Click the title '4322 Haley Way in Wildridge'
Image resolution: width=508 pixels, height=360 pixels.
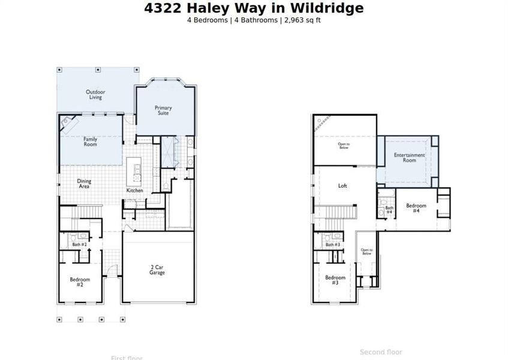coord(254,8)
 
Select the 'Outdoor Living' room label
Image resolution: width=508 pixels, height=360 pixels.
coord(95,94)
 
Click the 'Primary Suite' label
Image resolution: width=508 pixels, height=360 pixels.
coord(163,110)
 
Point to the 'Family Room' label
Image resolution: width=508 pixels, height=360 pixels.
coord(90,142)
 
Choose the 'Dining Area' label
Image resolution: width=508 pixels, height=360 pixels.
coord(83,184)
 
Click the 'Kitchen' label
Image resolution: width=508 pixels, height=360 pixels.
coord(134,191)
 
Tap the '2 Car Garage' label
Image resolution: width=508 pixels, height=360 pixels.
coord(157,269)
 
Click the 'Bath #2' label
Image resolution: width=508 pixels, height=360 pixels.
coord(80,245)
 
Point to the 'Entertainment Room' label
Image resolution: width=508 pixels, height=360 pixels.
coord(409,158)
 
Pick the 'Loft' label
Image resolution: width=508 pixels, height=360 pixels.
coord(342,186)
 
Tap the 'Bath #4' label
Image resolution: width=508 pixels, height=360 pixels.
coord(389,210)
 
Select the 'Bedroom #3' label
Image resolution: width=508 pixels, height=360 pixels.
coord(335,280)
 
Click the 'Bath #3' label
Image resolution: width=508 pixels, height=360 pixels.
coord(333,245)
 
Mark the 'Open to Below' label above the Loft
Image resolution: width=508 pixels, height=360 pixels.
coord(344,145)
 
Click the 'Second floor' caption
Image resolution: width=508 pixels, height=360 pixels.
coord(381,352)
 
